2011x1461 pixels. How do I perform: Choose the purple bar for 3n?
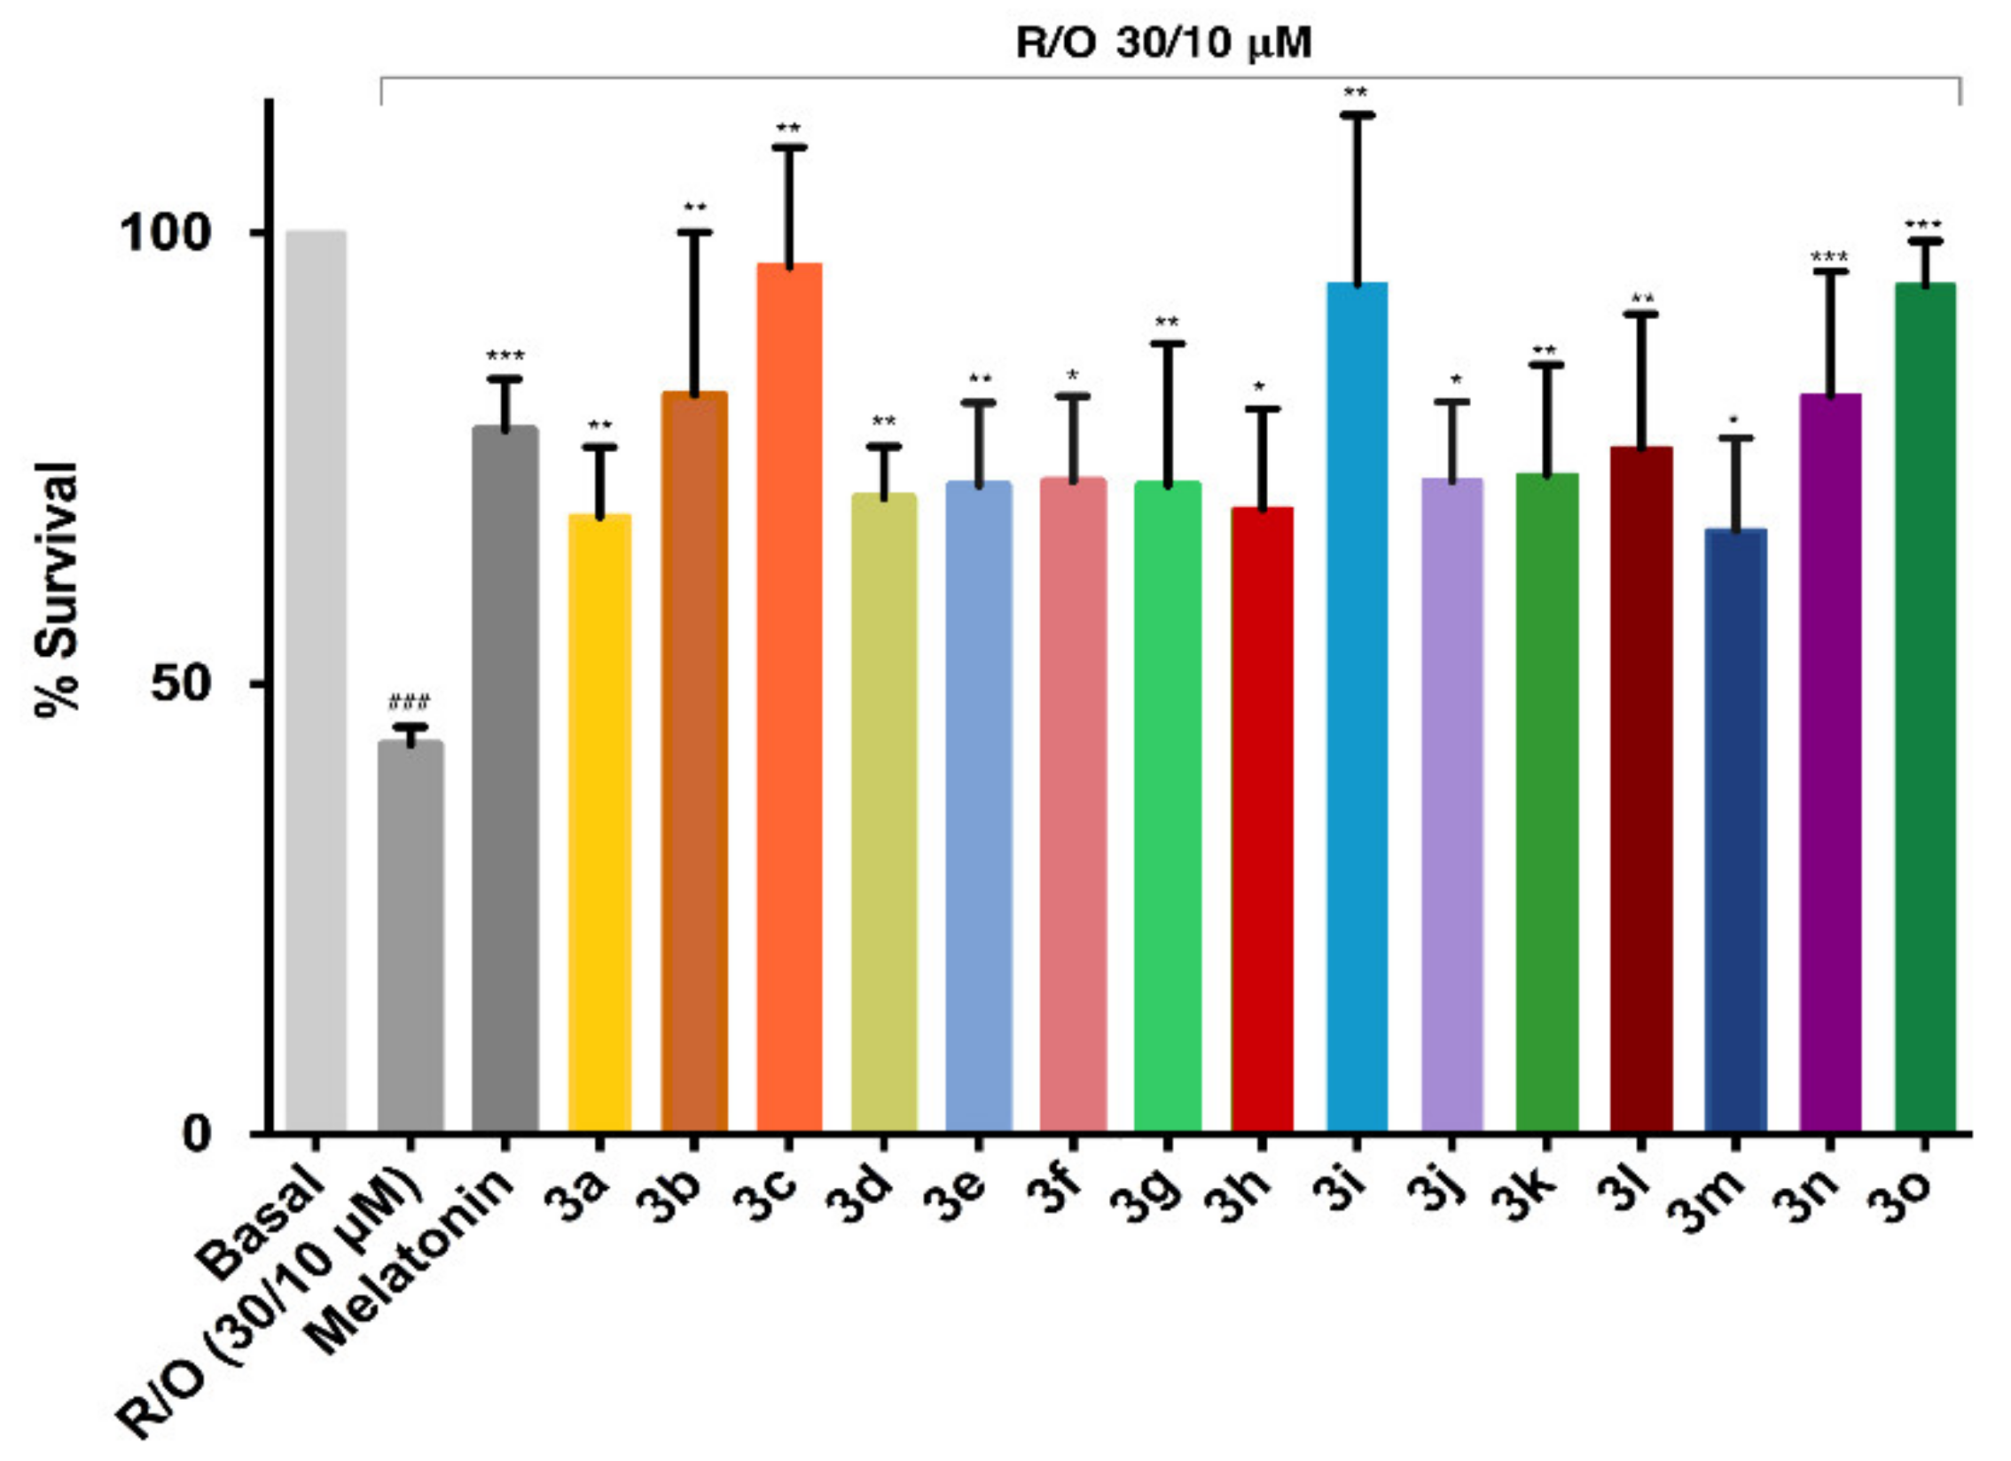pyautogui.click(x=1830, y=762)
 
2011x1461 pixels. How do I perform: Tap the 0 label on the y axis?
pyautogui.click(x=197, y=1133)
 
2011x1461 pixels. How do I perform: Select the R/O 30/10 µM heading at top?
pyautogui.click(x=1162, y=43)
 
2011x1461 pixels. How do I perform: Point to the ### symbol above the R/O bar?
pyautogui.click(x=409, y=703)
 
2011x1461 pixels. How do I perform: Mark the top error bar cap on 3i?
pyautogui.click(x=1357, y=115)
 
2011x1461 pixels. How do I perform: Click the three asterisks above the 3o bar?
pyautogui.click(x=1923, y=223)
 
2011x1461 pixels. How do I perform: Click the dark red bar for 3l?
pyautogui.click(x=1641, y=789)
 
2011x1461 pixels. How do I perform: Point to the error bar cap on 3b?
pyautogui.click(x=694, y=232)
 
